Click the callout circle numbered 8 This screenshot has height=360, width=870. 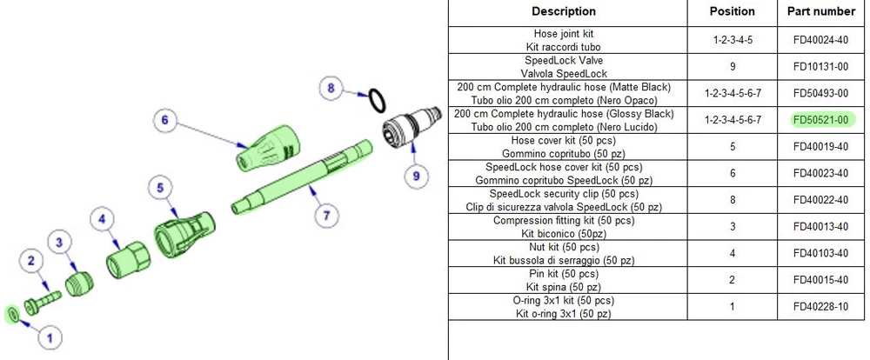point(330,87)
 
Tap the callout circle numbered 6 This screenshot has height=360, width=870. point(164,120)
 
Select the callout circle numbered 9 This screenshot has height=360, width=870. point(416,175)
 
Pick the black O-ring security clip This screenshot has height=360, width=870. point(377,100)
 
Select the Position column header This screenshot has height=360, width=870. point(733,11)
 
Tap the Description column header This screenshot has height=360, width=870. point(563,11)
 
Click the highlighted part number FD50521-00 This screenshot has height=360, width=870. point(820,120)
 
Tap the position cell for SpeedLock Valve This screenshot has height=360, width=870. point(733,67)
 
